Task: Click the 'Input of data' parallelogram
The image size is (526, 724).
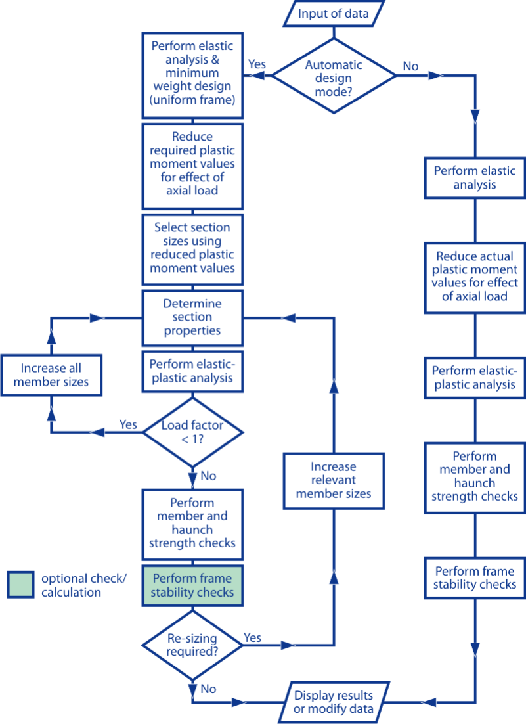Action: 334,13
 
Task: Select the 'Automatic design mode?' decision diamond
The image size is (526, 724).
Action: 334,76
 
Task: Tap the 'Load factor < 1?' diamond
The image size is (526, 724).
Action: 192,432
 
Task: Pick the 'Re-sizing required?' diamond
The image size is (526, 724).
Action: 192,645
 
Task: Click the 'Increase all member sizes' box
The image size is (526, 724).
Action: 51,375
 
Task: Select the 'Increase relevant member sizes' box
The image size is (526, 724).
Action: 334,481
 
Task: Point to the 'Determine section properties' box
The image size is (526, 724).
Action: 192,318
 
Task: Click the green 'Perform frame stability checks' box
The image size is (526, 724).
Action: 192,585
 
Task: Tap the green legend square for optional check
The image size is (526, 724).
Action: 21,585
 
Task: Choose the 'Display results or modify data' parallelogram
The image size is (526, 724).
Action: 334,702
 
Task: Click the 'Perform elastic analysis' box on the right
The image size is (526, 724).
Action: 475,178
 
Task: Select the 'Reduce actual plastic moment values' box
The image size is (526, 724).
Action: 475,277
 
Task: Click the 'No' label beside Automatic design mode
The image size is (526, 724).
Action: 410,66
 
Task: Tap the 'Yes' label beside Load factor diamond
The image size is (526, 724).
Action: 128,424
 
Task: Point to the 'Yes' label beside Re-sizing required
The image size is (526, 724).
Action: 252,638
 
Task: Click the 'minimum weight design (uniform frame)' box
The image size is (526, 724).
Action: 192,75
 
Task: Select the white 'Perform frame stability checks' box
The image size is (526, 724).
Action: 475,577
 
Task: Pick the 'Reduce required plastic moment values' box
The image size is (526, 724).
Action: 192,166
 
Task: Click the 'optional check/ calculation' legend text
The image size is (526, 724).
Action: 83,585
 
